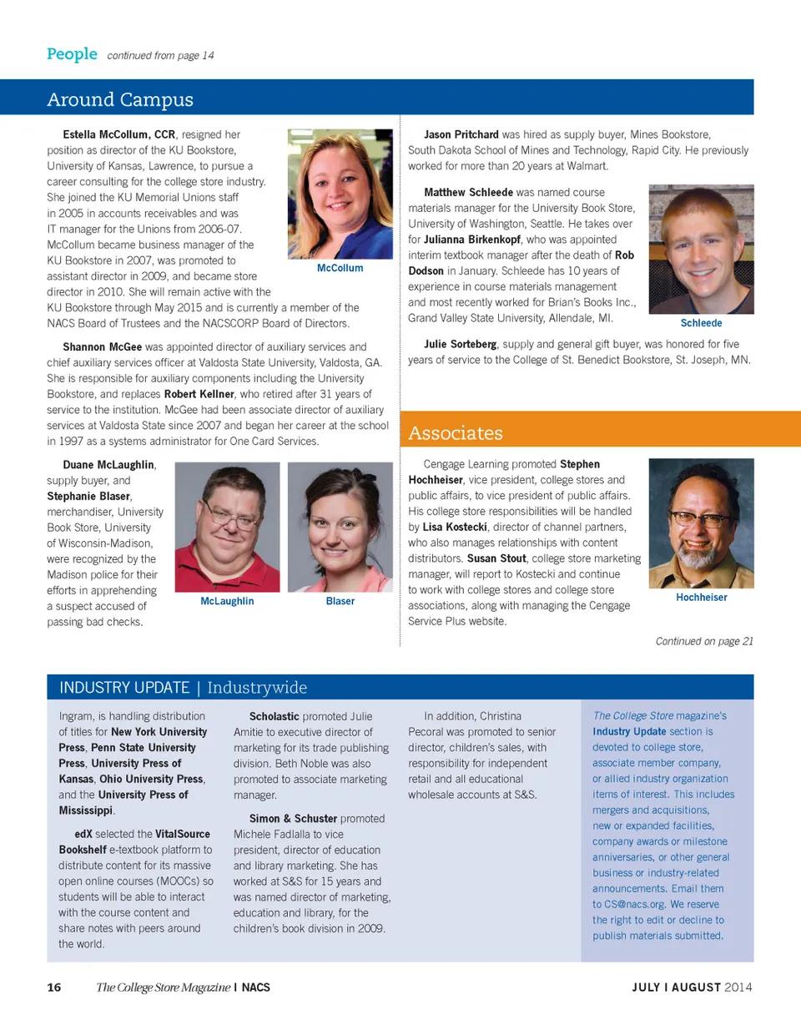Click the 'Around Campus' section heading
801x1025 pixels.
[120, 100]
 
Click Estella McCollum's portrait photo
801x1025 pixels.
[340, 194]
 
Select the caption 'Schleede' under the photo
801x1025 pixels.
[701, 323]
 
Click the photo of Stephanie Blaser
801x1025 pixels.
[340, 527]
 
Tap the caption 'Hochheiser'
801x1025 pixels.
[701, 598]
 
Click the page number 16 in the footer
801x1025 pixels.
[54, 988]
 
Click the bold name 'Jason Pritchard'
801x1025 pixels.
[461, 134]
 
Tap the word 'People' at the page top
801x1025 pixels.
[72, 54]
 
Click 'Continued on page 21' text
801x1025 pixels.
[704, 641]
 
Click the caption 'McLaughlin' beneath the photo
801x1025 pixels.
[227, 601]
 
